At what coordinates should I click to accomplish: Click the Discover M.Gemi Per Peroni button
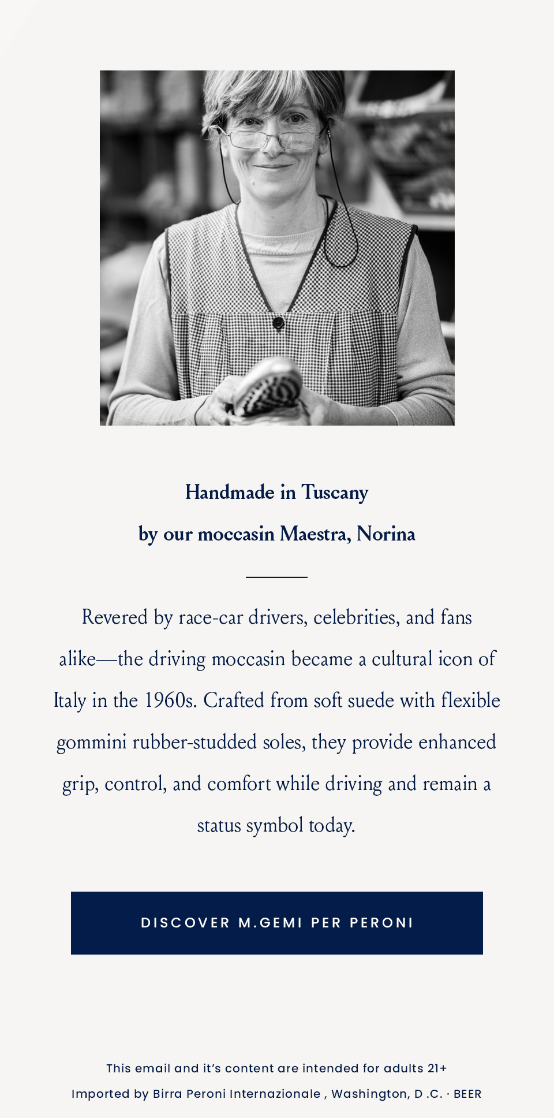[277, 923]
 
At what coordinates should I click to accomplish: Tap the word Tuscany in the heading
[335, 493]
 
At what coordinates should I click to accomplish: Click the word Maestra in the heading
[314, 534]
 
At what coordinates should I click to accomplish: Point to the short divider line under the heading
[276, 576]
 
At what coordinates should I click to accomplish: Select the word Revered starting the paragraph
[115, 617]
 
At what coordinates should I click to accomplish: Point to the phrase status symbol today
[276, 825]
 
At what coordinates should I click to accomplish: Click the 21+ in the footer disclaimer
[437, 1068]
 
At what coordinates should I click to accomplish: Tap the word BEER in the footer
[467, 1094]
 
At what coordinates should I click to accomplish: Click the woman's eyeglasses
[271, 137]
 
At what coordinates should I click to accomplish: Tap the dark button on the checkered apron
[278, 322]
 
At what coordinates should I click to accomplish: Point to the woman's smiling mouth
[272, 167]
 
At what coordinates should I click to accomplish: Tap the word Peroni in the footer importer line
[203, 1094]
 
